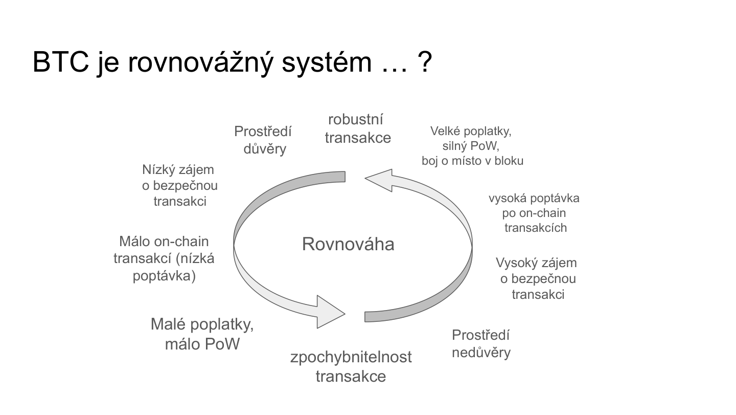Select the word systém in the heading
(x=320, y=63)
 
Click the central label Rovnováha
(x=348, y=244)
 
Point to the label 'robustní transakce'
(x=357, y=128)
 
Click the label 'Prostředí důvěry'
(x=263, y=140)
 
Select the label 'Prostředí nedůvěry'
(x=481, y=343)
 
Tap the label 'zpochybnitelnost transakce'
(x=351, y=366)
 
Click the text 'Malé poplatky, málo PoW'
(x=202, y=334)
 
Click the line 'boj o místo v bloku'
(x=472, y=161)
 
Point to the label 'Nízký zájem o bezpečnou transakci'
(x=179, y=185)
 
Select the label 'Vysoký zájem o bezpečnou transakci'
(x=537, y=278)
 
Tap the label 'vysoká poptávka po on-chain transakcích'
(x=535, y=213)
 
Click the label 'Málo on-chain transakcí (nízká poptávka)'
(x=164, y=258)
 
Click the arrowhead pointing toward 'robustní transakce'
(x=378, y=179)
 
